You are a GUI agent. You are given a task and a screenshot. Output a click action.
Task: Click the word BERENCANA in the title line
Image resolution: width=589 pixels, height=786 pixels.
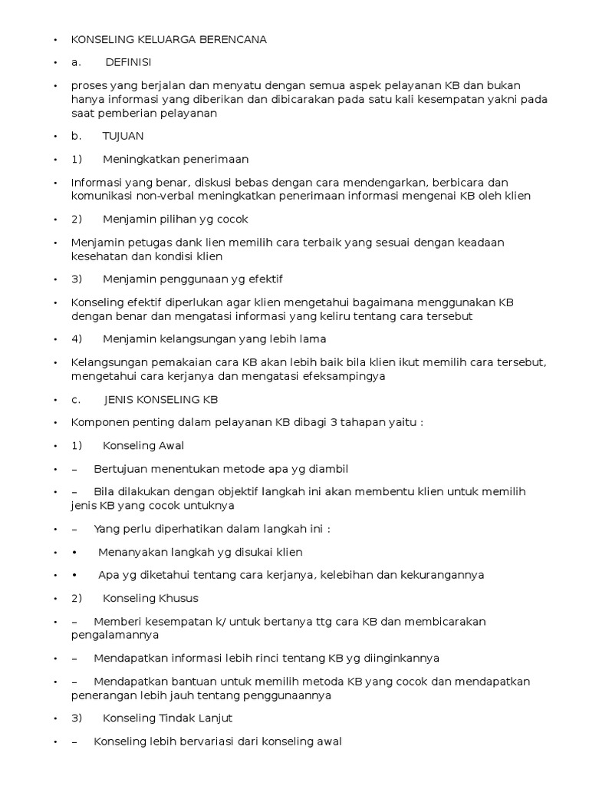pyautogui.click(x=232, y=40)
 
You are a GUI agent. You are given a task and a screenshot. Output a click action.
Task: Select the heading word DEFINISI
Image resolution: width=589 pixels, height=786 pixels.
pyautogui.click(x=128, y=61)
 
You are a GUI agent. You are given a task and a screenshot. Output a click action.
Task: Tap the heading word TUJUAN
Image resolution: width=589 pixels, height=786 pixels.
pyautogui.click(x=123, y=136)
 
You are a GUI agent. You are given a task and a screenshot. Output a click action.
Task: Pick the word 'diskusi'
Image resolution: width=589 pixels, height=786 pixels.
pyautogui.click(x=217, y=183)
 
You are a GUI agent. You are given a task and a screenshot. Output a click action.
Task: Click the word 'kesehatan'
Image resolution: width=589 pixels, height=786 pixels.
pyautogui.click(x=97, y=256)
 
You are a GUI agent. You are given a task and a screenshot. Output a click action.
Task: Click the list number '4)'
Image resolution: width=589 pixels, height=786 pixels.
pyautogui.click(x=77, y=339)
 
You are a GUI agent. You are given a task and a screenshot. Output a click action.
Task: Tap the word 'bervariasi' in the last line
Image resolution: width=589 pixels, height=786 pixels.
pyautogui.click(x=209, y=741)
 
